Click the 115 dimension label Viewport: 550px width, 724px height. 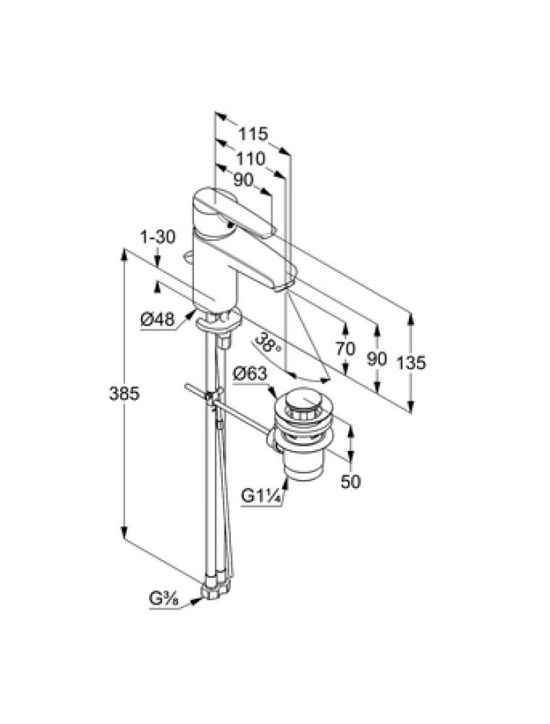(253, 134)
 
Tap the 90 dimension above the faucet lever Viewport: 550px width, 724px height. (243, 181)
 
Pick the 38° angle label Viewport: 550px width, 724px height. (268, 345)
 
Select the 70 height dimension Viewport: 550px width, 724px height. (345, 348)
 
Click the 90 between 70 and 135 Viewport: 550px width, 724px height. (376, 359)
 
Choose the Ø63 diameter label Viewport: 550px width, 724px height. (250, 374)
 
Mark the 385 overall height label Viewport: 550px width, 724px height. (124, 395)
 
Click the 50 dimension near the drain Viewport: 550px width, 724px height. (350, 480)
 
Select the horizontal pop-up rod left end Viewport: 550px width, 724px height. (190, 389)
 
